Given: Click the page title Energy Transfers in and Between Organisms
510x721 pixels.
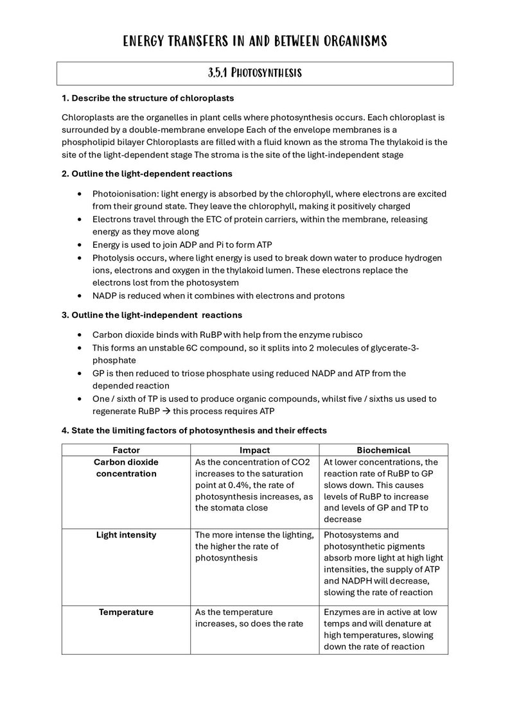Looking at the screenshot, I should pyautogui.click(x=255, y=42).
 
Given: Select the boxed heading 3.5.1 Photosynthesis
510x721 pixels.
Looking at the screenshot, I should pyautogui.click(x=255, y=73).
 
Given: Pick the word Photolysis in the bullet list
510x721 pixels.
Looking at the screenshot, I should pyautogui.click(x=114, y=257).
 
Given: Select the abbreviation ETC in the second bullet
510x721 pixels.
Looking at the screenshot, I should pyautogui.click(x=197, y=220).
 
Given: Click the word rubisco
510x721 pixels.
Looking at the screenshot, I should pyautogui.click(x=347, y=334).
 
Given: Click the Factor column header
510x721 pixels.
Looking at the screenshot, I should pyautogui.click(x=126, y=450).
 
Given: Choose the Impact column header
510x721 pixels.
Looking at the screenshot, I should pyautogui.click(x=255, y=450).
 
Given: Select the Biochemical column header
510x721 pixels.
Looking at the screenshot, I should pyautogui.click(x=383, y=450).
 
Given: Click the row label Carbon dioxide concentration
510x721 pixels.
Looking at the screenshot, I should pyautogui.click(x=126, y=468).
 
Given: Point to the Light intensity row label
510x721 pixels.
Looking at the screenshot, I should pyautogui.click(x=126, y=535).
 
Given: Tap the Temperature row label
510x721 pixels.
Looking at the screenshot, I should pyautogui.click(x=126, y=612).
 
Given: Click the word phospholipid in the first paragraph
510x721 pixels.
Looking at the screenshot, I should pyautogui.click(x=87, y=142).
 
